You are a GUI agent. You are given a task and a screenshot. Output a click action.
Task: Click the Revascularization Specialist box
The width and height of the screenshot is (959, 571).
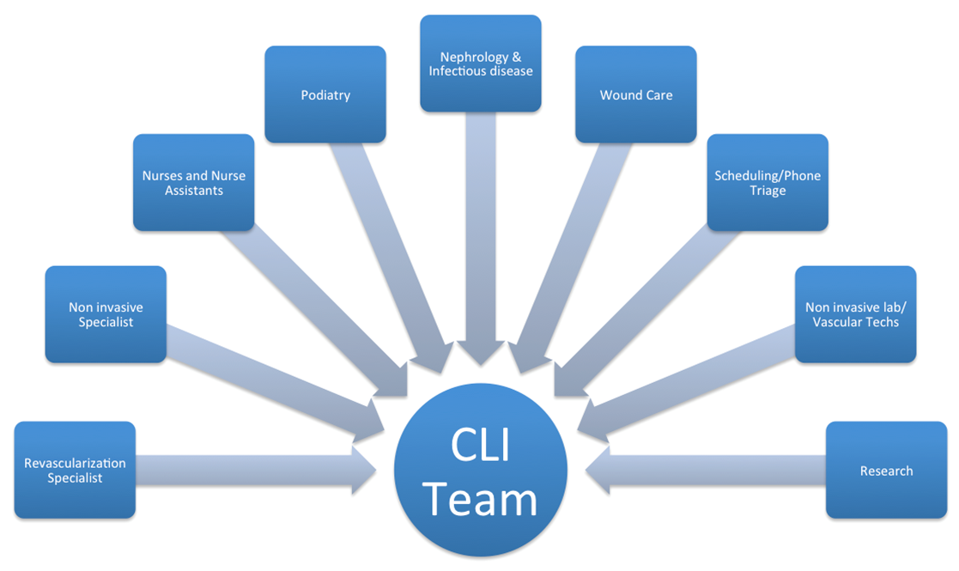75,470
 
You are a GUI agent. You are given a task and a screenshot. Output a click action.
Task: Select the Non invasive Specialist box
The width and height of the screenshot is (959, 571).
106,314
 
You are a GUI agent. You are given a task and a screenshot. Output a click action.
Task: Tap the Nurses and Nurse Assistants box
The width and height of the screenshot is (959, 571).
193,182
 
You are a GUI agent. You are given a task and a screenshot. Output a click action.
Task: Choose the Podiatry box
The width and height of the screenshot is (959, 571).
325,94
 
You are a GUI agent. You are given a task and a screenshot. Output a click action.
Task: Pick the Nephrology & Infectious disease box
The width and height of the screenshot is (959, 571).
481,64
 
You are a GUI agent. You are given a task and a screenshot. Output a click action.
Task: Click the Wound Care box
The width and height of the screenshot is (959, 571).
635,94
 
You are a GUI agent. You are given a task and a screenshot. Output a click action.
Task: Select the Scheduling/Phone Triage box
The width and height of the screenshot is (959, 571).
768,182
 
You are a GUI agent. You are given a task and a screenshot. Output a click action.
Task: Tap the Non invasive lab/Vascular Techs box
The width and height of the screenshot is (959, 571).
855,314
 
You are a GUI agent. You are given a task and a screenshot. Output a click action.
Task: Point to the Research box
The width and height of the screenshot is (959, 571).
886,470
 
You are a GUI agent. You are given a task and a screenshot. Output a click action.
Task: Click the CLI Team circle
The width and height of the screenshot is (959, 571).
481,471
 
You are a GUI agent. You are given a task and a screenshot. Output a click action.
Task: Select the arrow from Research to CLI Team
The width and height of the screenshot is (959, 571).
704,471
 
